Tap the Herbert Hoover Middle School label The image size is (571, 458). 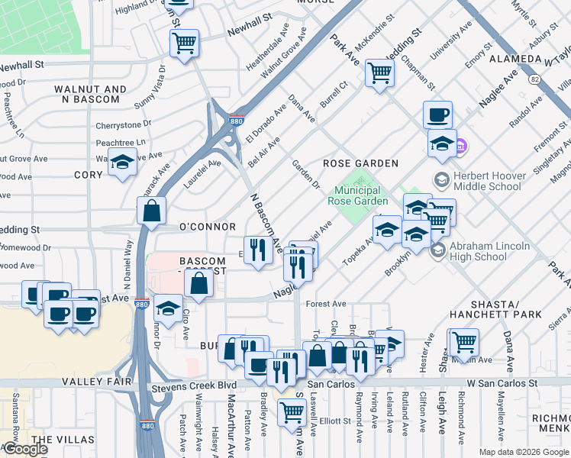pyautogui.click(x=489, y=181)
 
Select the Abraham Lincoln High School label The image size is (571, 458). pyautogui.click(x=489, y=251)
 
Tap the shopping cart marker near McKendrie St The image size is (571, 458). pyautogui.click(x=379, y=74)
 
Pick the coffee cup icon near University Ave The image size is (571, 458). pyautogui.click(x=437, y=115)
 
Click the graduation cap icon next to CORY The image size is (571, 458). pyautogui.click(x=121, y=163)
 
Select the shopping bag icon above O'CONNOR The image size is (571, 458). pyautogui.click(x=152, y=211)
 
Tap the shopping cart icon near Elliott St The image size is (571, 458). pyautogui.click(x=292, y=413)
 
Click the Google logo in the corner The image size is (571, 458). pyautogui.click(x=24, y=449)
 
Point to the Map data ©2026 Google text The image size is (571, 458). pyautogui.click(x=523, y=452)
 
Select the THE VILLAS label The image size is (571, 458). pyautogui.click(x=64, y=440)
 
